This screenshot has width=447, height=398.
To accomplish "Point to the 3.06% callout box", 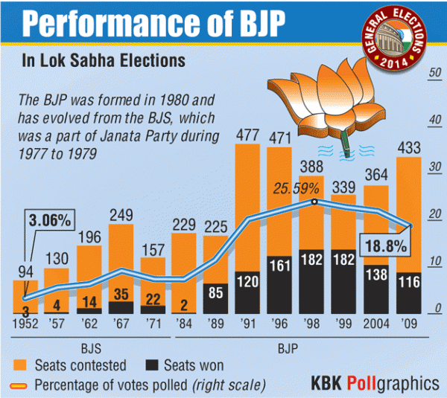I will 50,221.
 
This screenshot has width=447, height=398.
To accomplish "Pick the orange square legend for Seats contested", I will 21,365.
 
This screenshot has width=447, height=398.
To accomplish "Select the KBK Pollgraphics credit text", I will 374,383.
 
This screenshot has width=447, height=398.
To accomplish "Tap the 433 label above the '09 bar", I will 408,148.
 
